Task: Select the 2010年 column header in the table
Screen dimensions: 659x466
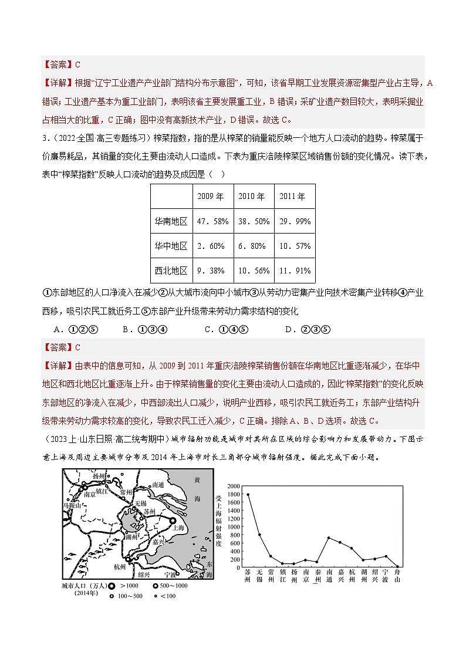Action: click(x=254, y=197)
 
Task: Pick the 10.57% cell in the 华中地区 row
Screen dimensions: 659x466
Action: click(x=295, y=246)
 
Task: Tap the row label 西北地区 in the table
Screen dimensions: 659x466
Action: click(x=171, y=271)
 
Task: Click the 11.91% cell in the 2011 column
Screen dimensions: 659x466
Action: click(x=295, y=271)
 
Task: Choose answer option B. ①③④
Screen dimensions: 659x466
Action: click(x=145, y=329)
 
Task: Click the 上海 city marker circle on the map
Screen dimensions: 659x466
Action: click(x=173, y=520)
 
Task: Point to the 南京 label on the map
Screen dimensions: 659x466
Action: click(x=73, y=495)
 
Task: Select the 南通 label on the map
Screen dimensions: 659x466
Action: click(x=157, y=485)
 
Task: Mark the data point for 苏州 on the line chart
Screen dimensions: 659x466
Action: click(x=248, y=495)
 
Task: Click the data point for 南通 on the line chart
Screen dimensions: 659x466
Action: click(x=329, y=538)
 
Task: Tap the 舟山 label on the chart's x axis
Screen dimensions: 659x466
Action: click(x=397, y=576)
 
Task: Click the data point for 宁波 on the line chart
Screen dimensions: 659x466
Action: click(x=386, y=556)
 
